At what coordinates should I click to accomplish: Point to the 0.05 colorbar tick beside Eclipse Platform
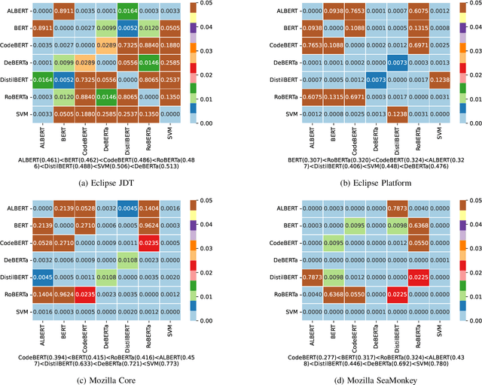[463, 5]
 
